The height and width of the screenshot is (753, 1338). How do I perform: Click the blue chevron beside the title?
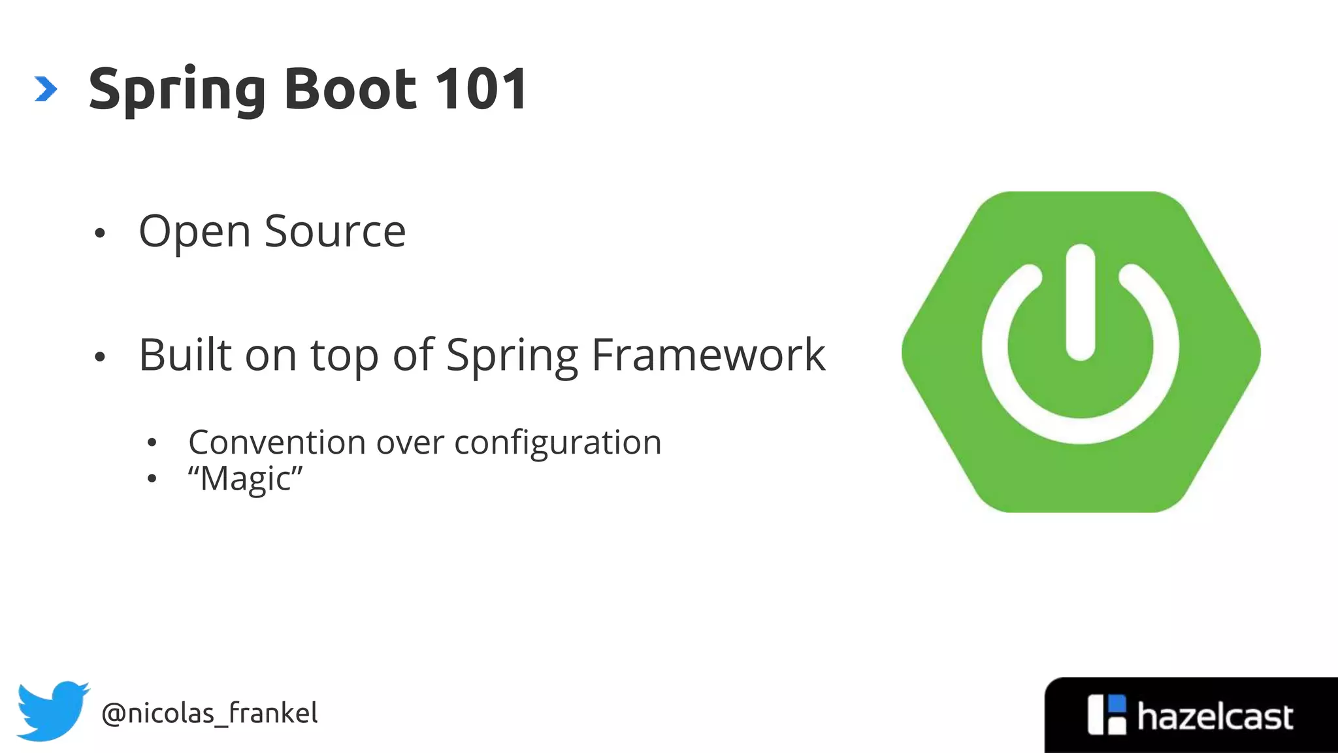pyautogui.click(x=46, y=89)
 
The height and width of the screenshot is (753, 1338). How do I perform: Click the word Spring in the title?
pyautogui.click(x=176, y=90)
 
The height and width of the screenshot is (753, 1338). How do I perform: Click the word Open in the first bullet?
pyautogui.click(x=195, y=233)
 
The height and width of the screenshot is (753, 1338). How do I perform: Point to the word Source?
pyautogui.click(x=335, y=231)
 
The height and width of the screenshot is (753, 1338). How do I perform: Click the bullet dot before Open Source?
pyautogui.click(x=99, y=233)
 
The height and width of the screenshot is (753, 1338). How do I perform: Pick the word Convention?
pyautogui.click(x=277, y=443)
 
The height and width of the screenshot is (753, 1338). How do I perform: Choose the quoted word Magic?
pyautogui.click(x=246, y=478)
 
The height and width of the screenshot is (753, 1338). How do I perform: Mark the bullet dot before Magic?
pyautogui.click(x=152, y=479)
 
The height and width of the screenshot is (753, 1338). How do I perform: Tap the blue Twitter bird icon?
pyautogui.click(x=52, y=711)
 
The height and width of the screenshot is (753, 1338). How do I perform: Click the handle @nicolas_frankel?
pyautogui.click(x=210, y=713)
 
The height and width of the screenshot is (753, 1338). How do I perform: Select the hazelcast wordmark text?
pyautogui.click(x=1215, y=717)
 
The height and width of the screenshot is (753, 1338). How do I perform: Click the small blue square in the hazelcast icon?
pyautogui.click(x=1118, y=703)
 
